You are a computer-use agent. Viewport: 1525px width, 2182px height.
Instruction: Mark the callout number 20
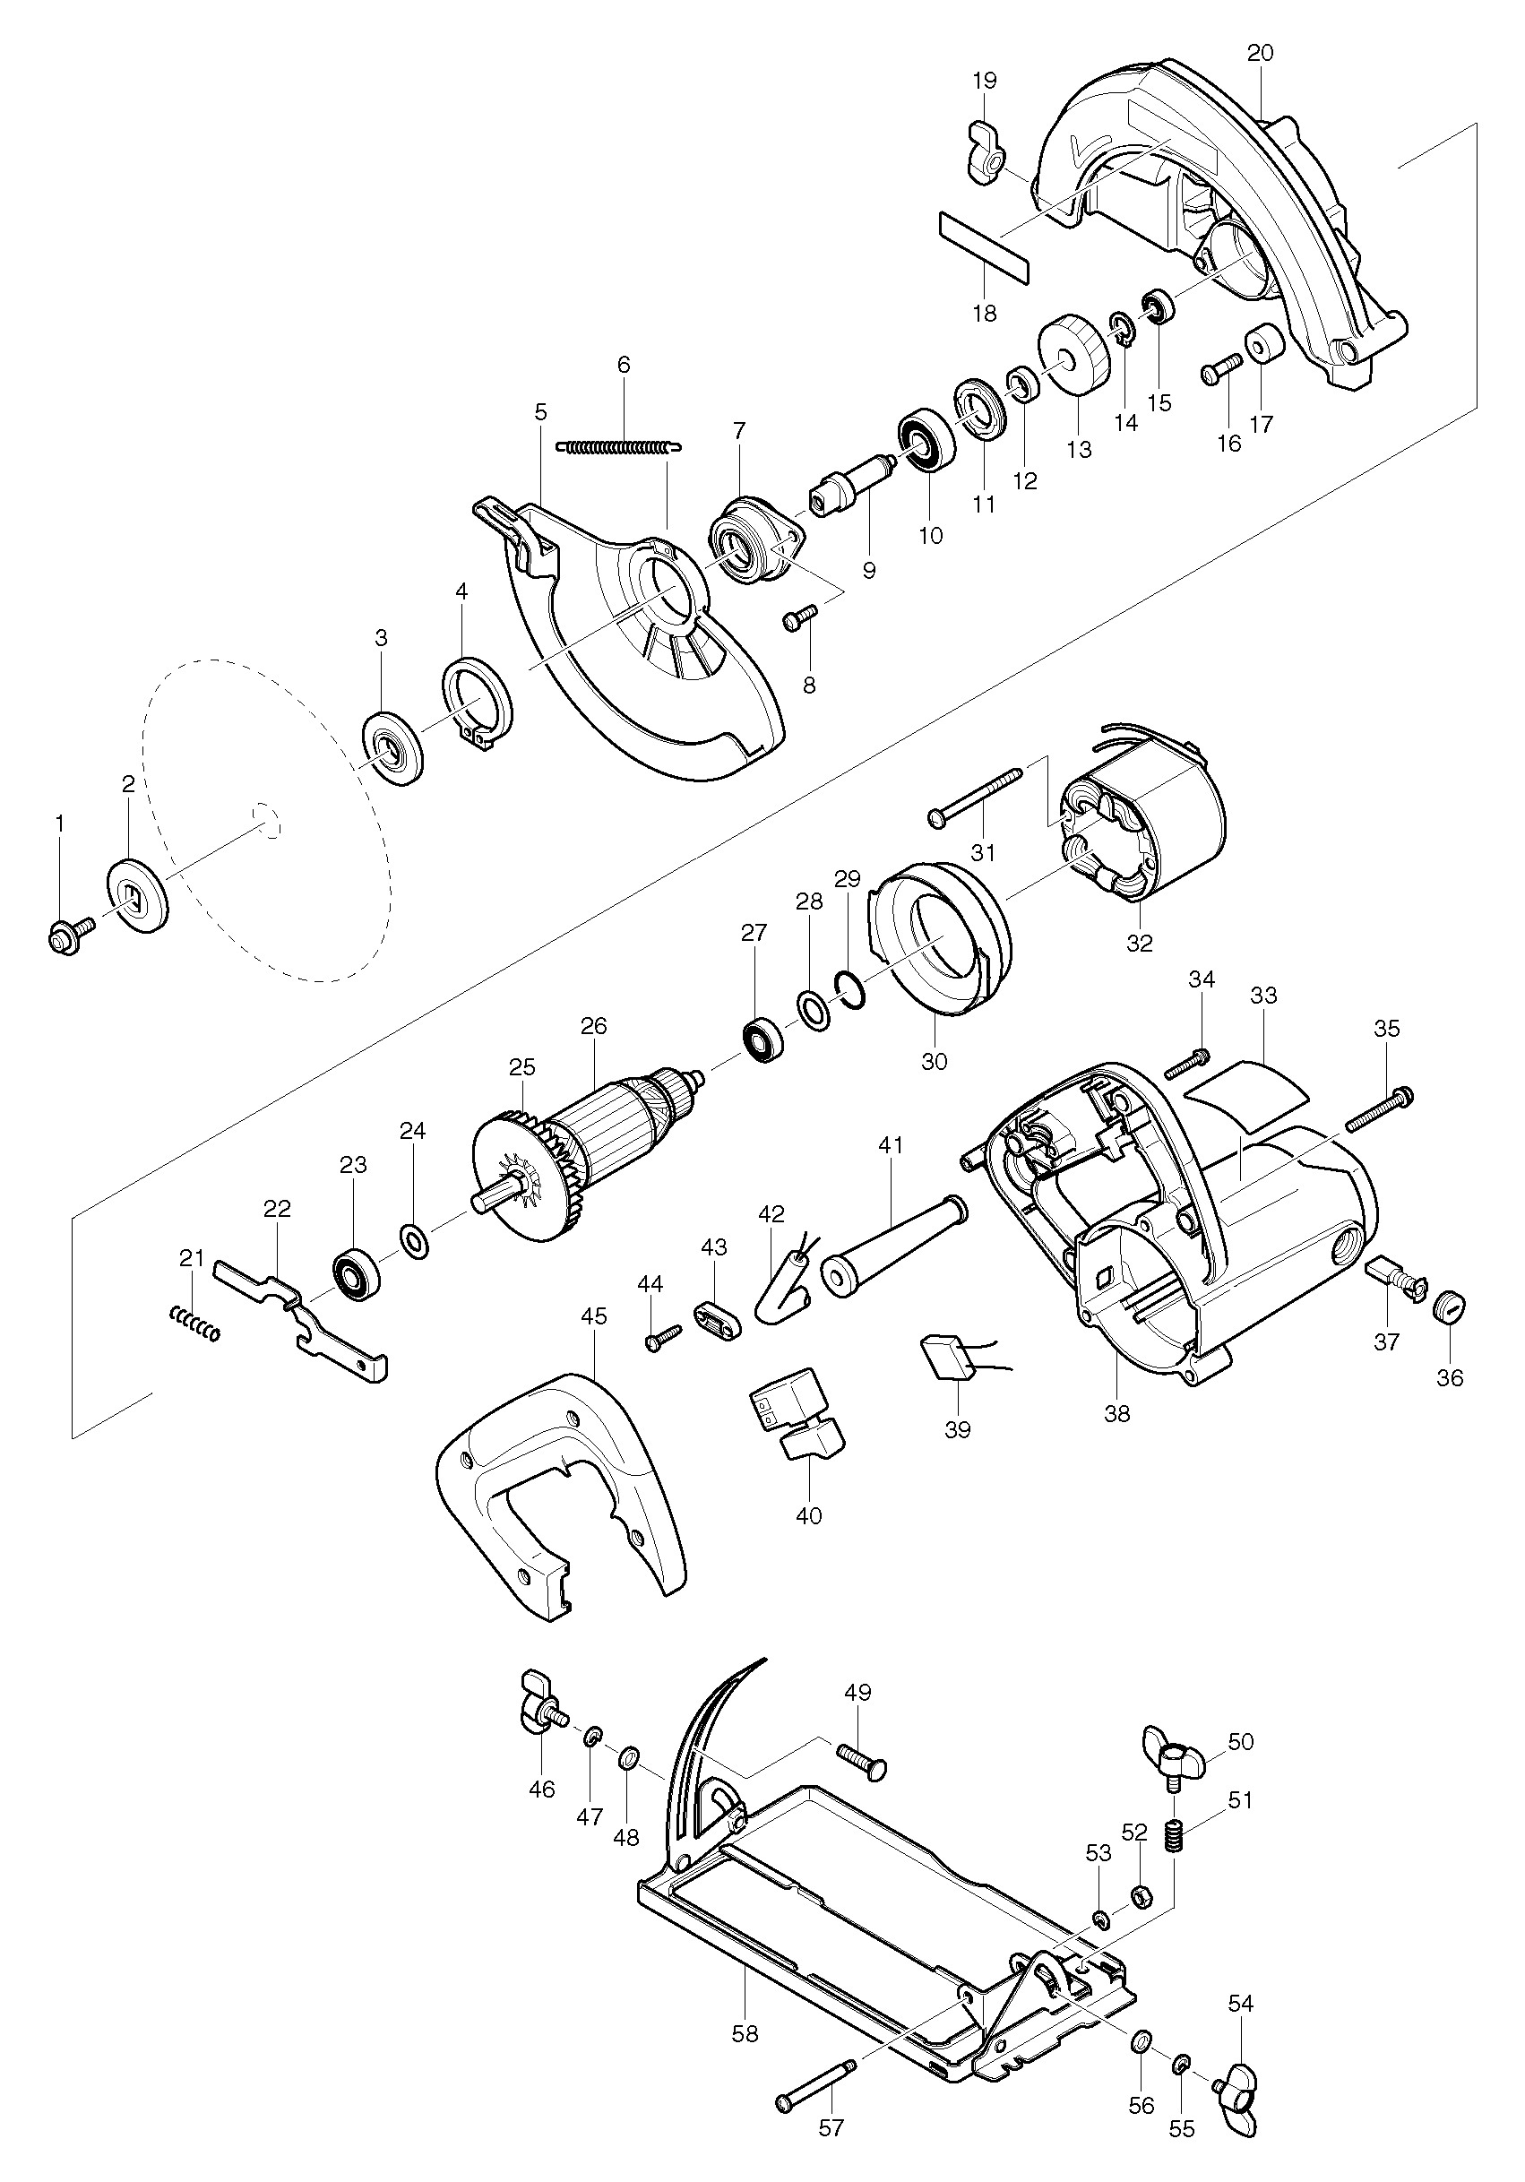(x=1259, y=53)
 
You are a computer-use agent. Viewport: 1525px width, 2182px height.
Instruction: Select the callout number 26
(x=594, y=1026)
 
